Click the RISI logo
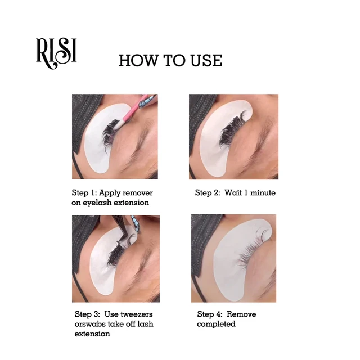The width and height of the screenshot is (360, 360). pyautogui.click(x=56, y=51)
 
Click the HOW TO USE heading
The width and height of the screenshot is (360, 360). pyautogui.click(x=170, y=61)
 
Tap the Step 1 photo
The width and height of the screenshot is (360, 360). pyautogui.click(x=115, y=137)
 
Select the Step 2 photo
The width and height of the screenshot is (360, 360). pyautogui.click(x=233, y=137)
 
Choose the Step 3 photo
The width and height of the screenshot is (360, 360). pyautogui.click(x=115, y=258)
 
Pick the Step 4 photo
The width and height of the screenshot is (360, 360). pyautogui.click(x=233, y=258)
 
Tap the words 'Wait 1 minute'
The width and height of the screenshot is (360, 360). pyautogui.click(x=250, y=192)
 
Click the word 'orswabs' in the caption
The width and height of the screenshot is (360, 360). pyautogui.click(x=90, y=324)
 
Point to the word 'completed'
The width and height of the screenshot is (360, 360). pyautogui.click(x=216, y=324)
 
